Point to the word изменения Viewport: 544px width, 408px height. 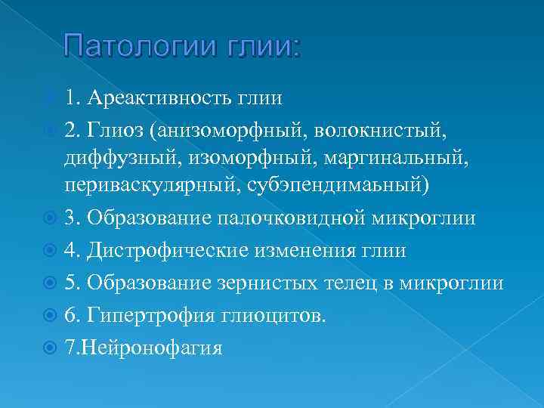pyautogui.click(x=311, y=250)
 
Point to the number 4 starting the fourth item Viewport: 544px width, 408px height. pyautogui.click(x=70, y=250)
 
